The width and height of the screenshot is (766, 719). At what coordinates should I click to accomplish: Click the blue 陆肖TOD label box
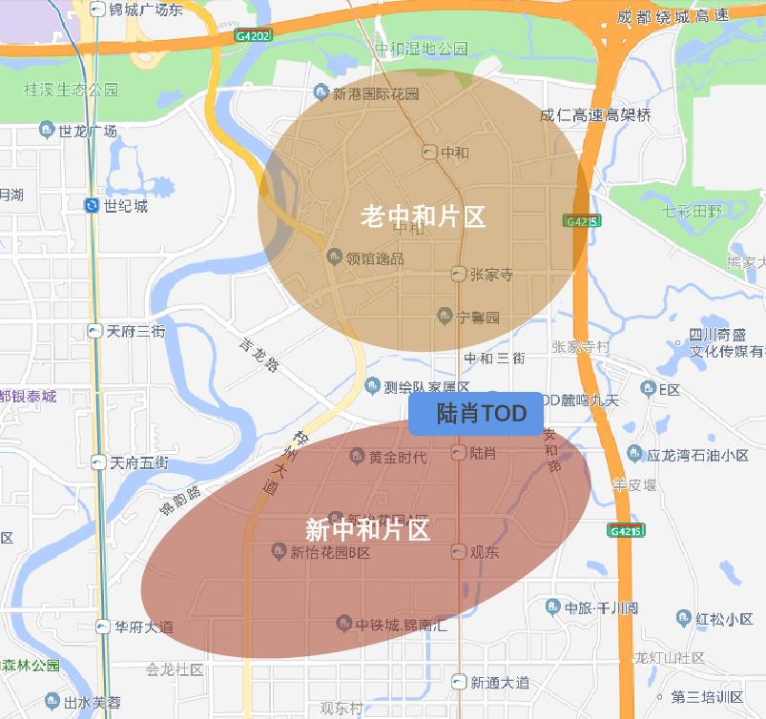(475, 414)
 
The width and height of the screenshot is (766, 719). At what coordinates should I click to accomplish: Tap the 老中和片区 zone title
(423, 216)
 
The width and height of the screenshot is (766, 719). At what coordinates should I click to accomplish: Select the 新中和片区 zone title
(367, 528)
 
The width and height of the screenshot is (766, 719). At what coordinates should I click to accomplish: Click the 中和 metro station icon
(429, 153)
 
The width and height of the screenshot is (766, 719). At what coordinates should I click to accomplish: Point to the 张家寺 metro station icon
(459, 275)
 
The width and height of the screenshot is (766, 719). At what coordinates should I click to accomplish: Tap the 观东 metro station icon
(458, 552)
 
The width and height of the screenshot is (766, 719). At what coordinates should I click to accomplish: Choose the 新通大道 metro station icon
(460, 683)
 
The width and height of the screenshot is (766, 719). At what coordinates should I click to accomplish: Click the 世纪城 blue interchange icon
(92, 205)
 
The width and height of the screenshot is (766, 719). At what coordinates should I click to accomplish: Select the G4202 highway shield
(252, 35)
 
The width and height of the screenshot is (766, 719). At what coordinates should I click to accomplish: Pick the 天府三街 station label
(136, 332)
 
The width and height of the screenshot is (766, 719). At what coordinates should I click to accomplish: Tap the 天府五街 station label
(138, 463)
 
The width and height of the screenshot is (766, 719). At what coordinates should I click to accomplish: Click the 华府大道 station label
(144, 627)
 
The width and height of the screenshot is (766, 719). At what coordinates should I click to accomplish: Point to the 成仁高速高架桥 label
(595, 115)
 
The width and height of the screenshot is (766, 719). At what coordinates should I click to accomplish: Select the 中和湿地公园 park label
(421, 48)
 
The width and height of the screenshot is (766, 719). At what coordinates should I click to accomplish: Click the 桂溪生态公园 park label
(72, 90)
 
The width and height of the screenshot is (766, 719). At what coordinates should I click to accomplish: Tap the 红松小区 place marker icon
(683, 619)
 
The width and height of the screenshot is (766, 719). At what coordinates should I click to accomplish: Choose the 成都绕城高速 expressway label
(673, 16)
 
